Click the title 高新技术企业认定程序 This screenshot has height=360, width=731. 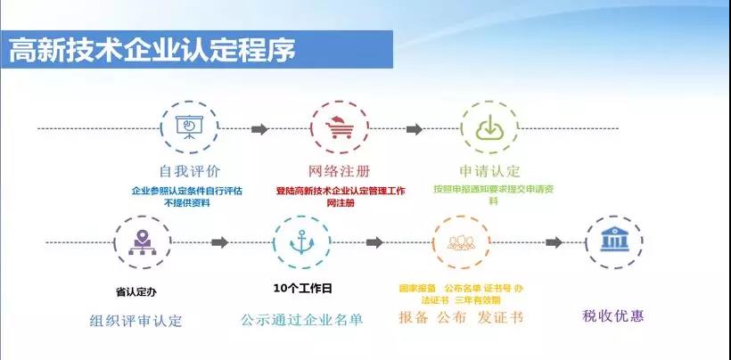[152, 51]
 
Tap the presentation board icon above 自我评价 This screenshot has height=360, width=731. [189, 129]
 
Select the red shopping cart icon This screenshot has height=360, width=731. [339, 129]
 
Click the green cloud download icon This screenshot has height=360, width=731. [489, 129]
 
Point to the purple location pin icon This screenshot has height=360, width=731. [142, 241]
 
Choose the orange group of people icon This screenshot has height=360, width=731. [461, 241]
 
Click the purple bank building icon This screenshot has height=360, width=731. [613, 241]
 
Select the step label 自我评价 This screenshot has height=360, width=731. [189, 171]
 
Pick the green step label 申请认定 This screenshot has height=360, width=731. [489, 171]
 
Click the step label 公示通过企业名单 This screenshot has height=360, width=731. [302, 320]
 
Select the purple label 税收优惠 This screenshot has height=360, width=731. [612, 315]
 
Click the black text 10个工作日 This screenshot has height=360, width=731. [302, 288]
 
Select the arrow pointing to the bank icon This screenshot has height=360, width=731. [553, 242]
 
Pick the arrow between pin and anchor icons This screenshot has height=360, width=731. [219, 242]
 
